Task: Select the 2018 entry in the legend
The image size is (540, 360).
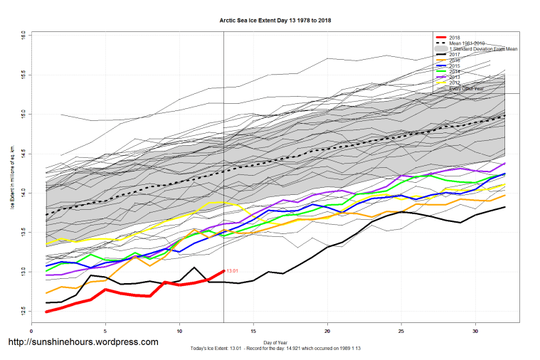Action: point(455,36)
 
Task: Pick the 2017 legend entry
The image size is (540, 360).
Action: point(455,54)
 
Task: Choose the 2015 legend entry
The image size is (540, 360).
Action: point(455,65)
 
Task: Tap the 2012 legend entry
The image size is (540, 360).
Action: point(455,83)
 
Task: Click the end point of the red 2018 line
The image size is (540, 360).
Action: point(223,270)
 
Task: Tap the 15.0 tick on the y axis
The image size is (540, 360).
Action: point(23,113)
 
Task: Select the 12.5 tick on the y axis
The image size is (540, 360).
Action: point(23,311)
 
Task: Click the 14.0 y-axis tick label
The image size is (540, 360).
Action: point(23,192)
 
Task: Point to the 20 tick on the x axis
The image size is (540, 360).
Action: point(327,331)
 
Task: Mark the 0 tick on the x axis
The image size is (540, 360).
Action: point(31,331)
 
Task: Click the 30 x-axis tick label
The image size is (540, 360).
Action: point(475,331)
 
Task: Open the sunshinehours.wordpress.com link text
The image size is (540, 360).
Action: point(83,342)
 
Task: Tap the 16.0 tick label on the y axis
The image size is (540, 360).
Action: point(23,34)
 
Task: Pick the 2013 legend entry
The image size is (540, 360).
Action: point(455,78)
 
